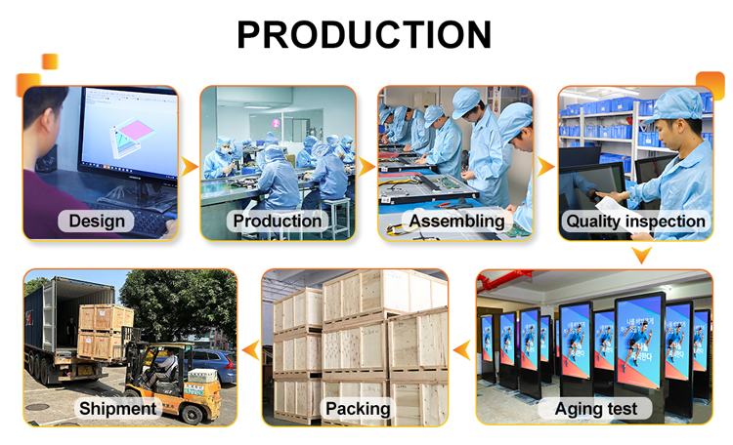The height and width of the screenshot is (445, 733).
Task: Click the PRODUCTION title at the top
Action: click(x=365, y=34)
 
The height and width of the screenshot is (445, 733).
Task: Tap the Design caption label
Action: click(x=97, y=221)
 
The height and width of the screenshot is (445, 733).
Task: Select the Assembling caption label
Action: click(x=456, y=221)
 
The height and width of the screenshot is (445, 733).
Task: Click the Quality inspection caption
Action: click(x=635, y=221)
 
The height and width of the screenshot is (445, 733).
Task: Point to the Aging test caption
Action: click(x=595, y=409)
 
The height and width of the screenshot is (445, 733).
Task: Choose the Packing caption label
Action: click(x=358, y=409)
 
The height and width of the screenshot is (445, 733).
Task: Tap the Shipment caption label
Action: click(x=118, y=409)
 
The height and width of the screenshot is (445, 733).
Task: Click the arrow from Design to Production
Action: click(x=189, y=167)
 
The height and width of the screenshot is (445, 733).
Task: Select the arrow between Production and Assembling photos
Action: click(x=366, y=167)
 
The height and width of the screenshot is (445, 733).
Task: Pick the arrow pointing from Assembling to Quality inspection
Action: click(x=545, y=167)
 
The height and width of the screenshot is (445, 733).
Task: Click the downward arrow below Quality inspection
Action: click(x=641, y=256)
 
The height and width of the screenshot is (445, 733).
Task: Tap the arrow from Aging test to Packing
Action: click(x=462, y=350)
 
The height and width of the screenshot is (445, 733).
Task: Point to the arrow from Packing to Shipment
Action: click(x=251, y=350)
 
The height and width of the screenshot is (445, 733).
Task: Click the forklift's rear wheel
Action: click(x=193, y=414)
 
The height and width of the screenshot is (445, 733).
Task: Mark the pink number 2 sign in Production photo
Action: click(x=276, y=123)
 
